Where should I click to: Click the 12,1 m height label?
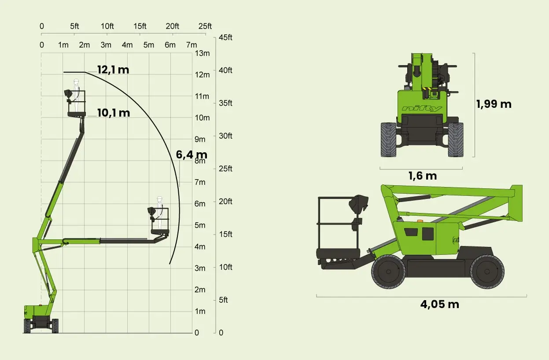pos(113,70)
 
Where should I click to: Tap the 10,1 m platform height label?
pos(114,113)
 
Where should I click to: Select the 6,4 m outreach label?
pos(192,154)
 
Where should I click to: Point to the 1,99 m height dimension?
pos(494,104)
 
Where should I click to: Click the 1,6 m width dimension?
pos(423,176)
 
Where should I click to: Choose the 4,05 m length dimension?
pos(440,305)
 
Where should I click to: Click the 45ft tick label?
pos(225,37)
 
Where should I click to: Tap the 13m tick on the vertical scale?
pos(202,53)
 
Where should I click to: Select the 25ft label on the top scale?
pos(205,26)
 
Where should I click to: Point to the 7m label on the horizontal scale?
pos(192,45)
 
